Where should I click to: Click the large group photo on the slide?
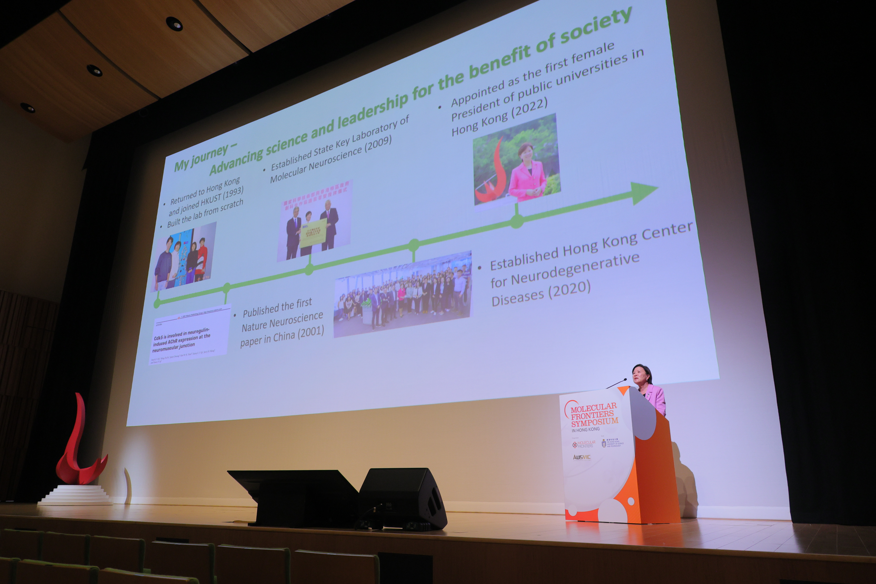(402, 294)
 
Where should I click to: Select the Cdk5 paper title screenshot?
(188, 335)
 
